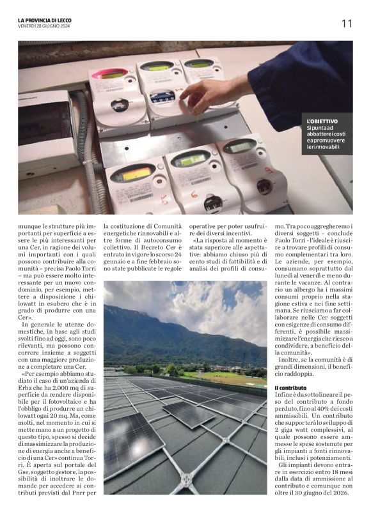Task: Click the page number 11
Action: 347,24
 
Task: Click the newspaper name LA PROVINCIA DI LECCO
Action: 45,20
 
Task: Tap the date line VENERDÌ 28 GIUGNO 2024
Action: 45,26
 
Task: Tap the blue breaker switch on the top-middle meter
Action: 162,97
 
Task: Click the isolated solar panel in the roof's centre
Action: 189,413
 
